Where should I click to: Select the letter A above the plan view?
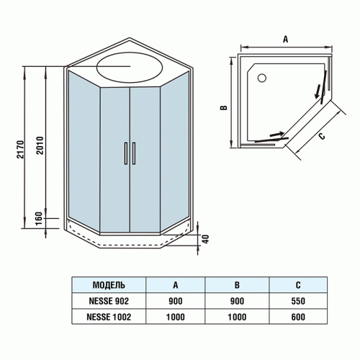coord(286,40)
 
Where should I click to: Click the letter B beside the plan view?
coord(225,108)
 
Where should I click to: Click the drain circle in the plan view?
coord(261,76)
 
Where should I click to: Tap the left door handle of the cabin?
coord(126,153)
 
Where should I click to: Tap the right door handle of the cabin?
coord(133,153)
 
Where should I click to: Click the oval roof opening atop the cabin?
coord(130,69)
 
